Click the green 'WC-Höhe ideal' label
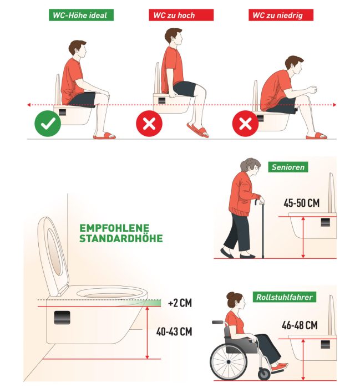(81, 15)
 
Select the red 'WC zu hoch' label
(181, 15)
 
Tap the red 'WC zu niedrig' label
(281, 15)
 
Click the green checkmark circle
(48, 124)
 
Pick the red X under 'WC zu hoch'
(149, 124)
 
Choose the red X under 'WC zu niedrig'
(245, 124)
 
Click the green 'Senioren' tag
(288, 167)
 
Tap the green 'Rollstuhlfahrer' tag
(284, 297)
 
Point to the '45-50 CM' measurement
(302, 203)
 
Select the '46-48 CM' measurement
(300, 325)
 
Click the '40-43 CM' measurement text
(174, 331)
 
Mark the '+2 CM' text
(180, 303)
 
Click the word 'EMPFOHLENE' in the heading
(114, 228)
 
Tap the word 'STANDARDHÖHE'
(121, 238)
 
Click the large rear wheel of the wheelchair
(229, 362)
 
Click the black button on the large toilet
(62, 318)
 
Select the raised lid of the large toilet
(53, 255)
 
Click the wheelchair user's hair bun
(230, 295)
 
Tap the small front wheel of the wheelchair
(264, 374)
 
